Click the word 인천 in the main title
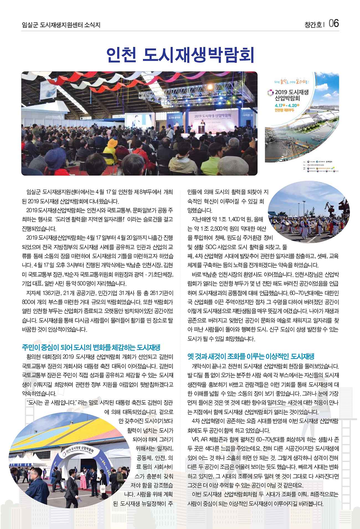(121, 55)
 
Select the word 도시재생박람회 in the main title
(198, 55)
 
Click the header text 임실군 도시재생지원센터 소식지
(61, 25)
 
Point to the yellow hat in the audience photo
(112, 144)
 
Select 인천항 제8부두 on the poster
(284, 110)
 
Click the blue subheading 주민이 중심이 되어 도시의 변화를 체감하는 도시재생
(91, 348)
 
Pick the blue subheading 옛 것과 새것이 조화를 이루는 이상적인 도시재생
(251, 356)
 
